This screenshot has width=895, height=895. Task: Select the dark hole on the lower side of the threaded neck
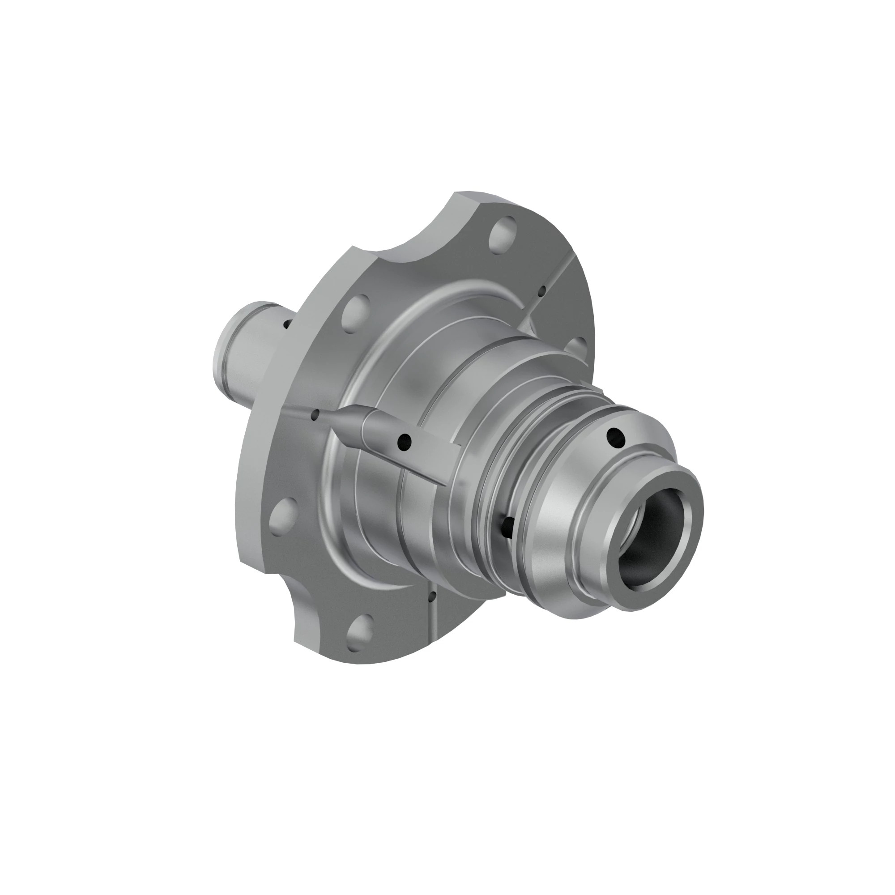click(x=508, y=525)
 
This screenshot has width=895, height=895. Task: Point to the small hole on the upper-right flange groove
click(x=542, y=291)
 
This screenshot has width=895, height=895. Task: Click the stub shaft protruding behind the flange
click(x=241, y=352)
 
